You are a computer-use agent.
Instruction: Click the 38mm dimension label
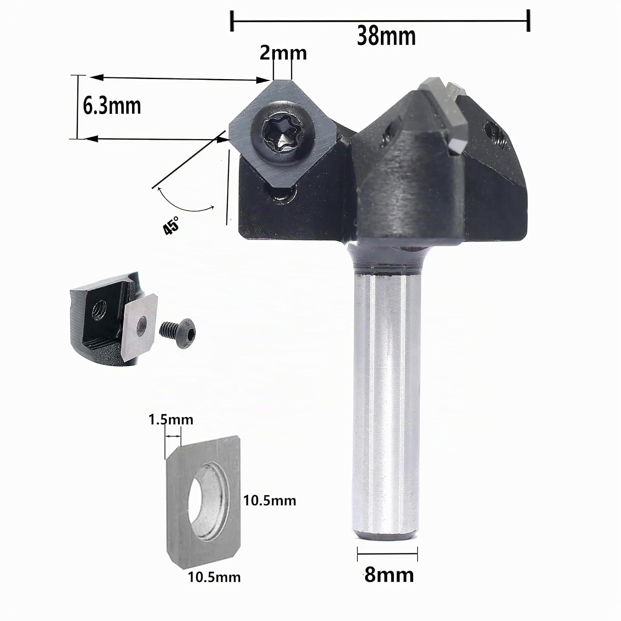(x=386, y=37)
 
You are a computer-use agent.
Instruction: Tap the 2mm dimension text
(x=283, y=53)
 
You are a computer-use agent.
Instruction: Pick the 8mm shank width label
(x=389, y=575)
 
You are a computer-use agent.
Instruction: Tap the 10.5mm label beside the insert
(x=270, y=501)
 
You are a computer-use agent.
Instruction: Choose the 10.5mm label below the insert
(x=214, y=577)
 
